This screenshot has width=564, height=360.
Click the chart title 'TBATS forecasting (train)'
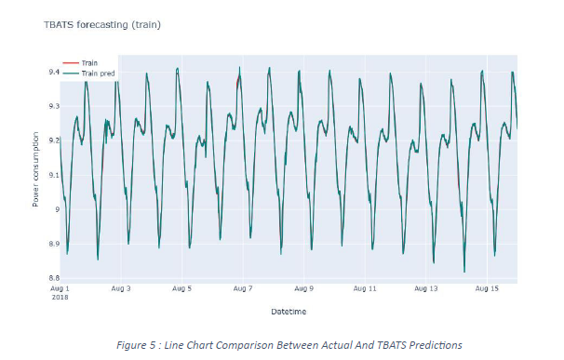click(102, 24)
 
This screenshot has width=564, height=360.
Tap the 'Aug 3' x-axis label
click(122, 289)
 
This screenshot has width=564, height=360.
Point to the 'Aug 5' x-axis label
click(181, 289)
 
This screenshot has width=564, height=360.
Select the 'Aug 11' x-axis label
click(366, 289)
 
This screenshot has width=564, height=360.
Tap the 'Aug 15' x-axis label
click(487, 289)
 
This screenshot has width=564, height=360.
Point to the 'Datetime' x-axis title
click(288, 311)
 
